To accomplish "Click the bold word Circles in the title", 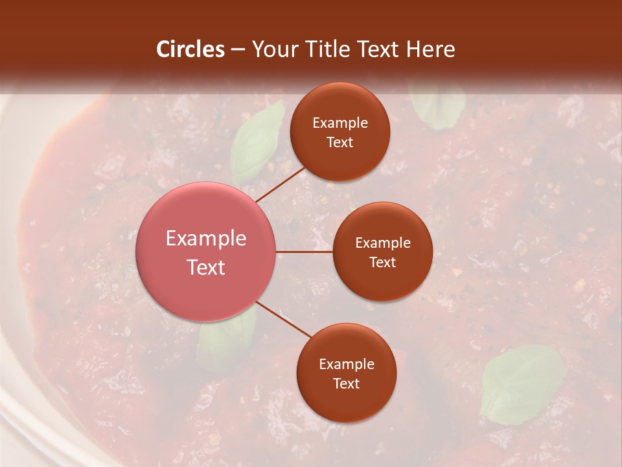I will click(190, 49).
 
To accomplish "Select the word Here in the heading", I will click(430, 49).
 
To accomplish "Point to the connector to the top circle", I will click(280, 184).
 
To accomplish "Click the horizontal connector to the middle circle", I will click(304, 252).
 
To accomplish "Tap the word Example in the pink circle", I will click(206, 239).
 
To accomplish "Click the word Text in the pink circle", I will click(206, 267).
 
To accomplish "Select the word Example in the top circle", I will click(340, 123).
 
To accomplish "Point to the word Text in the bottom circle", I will click(346, 383).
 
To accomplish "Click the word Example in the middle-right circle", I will click(382, 243).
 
